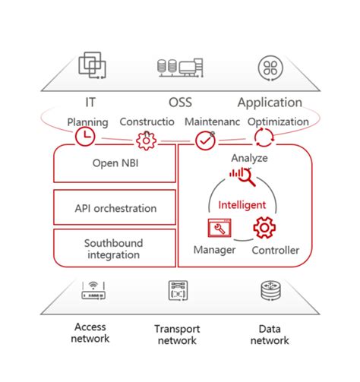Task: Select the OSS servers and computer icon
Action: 179,67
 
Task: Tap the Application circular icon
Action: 269,66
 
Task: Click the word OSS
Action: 180,102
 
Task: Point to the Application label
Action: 270,102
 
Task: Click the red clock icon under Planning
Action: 84,137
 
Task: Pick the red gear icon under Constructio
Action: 145,140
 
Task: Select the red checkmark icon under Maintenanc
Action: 205,140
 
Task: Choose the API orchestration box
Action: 115,207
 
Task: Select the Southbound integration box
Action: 115,248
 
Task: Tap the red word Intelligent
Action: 242,205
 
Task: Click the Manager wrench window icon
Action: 219,228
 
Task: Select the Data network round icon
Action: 269,290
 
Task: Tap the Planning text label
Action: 87,122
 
